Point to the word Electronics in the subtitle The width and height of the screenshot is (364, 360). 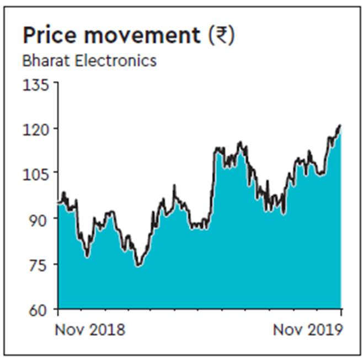(117, 61)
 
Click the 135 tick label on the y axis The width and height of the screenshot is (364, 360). (36, 85)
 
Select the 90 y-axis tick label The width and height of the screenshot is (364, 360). (40, 219)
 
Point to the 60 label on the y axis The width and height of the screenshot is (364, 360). (40, 309)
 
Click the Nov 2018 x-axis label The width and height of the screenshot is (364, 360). (90, 330)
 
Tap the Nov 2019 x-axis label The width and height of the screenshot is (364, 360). (307, 330)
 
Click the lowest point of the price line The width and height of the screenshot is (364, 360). (138, 266)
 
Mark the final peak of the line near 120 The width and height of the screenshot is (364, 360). (340, 126)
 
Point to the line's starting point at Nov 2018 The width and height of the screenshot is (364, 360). (58, 203)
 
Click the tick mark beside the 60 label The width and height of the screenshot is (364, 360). (55, 308)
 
